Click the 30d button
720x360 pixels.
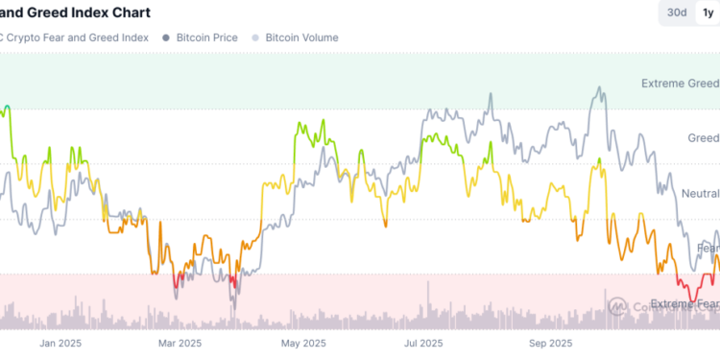pyautogui.click(x=677, y=12)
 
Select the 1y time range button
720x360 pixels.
pyautogui.click(x=708, y=12)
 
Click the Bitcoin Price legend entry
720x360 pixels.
pyautogui.click(x=205, y=37)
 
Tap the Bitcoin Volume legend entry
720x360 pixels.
pyautogui.click(x=301, y=37)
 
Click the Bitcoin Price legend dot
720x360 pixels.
pyautogui.click(x=167, y=37)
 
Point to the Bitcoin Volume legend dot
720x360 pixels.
pyautogui.click(x=254, y=37)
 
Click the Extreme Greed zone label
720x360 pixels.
pyautogui.click(x=680, y=84)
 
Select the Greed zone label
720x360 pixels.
pyautogui.click(x=703, y=138)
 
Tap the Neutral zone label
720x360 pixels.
pyautogui.click(x=700, y=194)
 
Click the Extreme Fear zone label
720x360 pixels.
pyautogui.click(x=684, y=304)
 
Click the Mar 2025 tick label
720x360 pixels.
pyautogui.click(x=181, y=343)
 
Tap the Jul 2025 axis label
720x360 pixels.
pyautogui.click(x=423, y=343)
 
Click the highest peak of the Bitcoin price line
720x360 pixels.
pyautogui.click(x=601, y=87)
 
